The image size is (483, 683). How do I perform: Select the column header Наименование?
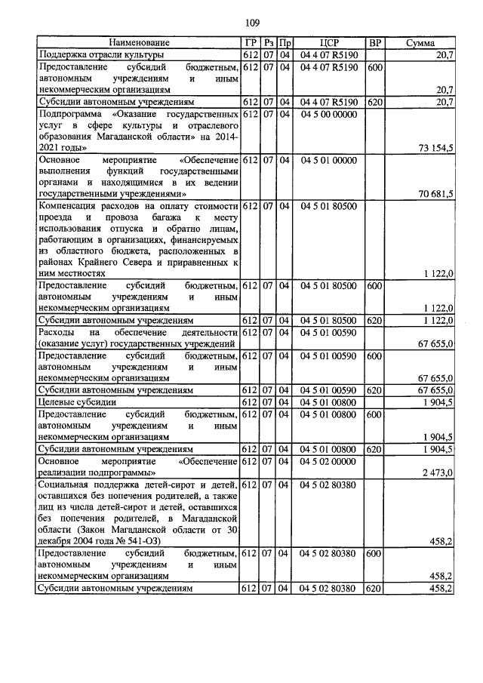point(139,43)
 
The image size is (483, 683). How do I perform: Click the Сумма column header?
point(420,43)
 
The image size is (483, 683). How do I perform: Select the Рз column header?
point(268,43)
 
